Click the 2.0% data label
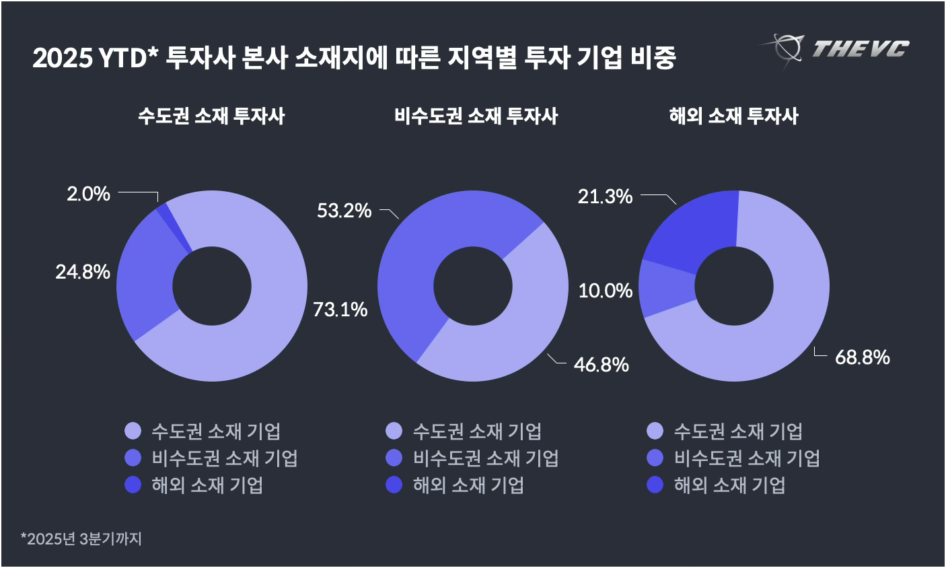(88, 194)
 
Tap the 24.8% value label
(83, 272)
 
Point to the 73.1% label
(340, 310)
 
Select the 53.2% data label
(344, 211)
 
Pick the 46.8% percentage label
(601, 365)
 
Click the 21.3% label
(605, 197)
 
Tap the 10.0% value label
(606, 291)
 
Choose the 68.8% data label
(862, 357)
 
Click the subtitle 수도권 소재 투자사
(211, 116)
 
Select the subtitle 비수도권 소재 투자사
(476, 116)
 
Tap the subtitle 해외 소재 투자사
(733, 116)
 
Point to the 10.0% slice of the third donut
(665, 289)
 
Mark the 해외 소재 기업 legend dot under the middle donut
(394, 485)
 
